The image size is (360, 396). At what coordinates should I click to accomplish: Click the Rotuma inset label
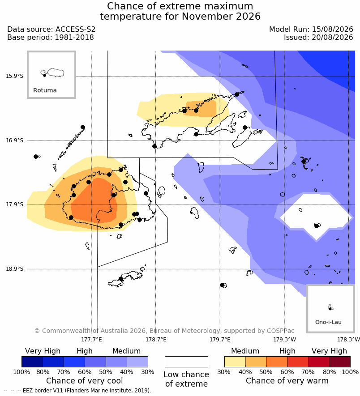pyautogui.click(x=45, y=90)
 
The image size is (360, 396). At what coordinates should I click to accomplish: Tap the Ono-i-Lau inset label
pyautogui.click(x=328, y=322)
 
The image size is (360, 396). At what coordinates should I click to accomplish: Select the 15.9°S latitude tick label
pyautogui.click(x=15, y=76)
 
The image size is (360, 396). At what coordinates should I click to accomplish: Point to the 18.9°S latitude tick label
pyautogui.click(x=15, y=269)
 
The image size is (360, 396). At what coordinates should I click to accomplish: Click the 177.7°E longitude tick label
pyautogui.click(x=91, y=340)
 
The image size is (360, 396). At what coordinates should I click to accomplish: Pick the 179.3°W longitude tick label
pyautogui.click(x=284, y=340)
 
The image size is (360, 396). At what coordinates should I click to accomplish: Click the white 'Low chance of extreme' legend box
pyautogui.click(x=186, y=362)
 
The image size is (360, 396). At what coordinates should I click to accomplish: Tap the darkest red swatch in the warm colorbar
pyautogui.click(x=340, y=362)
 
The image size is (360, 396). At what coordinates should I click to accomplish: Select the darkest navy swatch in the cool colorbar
pyautogui.click(x=32, y=362)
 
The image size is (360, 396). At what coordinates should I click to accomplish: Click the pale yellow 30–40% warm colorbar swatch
pyautogui.click(x=235, y=362)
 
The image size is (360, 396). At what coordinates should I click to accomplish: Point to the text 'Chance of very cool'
pyautogui.click(x=85, y=381)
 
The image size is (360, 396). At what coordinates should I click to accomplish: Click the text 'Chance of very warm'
pyautogui.click(x=287, y=381)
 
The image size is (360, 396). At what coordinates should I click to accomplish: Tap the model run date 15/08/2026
pyautogui.click(x=332, y=29)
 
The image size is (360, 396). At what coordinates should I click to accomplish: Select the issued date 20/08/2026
pyautogui.click(x=332, y=38)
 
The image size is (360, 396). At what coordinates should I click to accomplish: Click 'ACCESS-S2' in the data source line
pyautogui.click(x=75, y=29)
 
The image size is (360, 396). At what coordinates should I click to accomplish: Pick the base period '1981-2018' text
pyautogui.click(x=74, y=38)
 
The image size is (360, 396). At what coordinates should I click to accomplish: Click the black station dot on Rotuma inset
pyautogui.click(x=44, y=75)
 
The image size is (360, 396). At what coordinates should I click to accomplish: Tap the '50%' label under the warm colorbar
pyautogui.click(x=266, y=372)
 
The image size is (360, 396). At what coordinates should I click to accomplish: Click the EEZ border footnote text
pyautogui.click(x=87, y=391)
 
